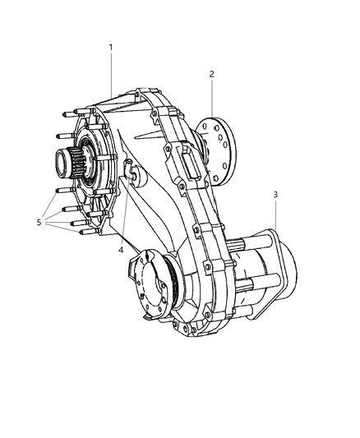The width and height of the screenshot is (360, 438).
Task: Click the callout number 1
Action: pyautogui.click(x=110, y=48)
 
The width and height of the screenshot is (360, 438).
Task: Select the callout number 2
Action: pyautogui.click(x=211, y=75)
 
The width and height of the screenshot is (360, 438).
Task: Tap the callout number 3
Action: pyautogui.click(x=275, y=195)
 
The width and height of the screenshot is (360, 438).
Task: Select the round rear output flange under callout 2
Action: pyautogui.click(x=217, y=148)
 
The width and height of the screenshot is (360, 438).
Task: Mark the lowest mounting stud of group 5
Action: pyautogui.click(x=88, y=231)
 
